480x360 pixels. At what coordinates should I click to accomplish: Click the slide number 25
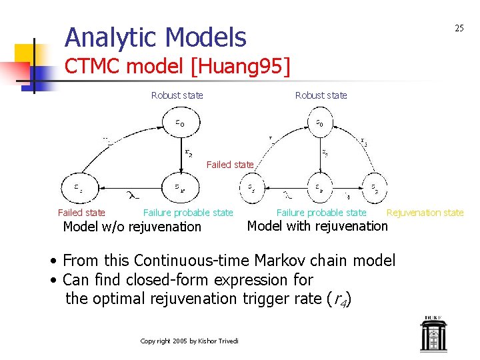click(459, 28)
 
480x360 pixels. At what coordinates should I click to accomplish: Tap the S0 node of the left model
click(181, 123)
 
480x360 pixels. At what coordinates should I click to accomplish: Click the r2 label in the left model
click(189, 152)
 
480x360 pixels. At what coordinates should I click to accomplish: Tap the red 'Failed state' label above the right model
click(230, 165)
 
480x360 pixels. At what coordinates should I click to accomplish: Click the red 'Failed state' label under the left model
click(81, 213)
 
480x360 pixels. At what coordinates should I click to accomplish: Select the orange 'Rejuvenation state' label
click(425, 213)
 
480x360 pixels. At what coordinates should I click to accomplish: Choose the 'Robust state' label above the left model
click(177, 95)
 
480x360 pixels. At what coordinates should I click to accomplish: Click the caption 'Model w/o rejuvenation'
click(131, 227)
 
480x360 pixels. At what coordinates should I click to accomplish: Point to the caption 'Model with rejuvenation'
click(317, 226)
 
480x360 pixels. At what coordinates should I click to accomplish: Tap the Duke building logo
click(434, 333)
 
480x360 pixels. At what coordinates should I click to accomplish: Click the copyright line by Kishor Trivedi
click(189, 341)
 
